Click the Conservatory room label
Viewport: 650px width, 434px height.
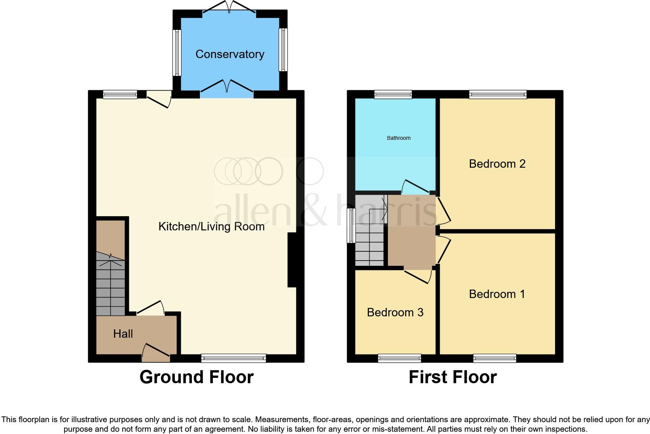(x=230, y=54)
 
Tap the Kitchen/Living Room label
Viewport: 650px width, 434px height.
(x=211, y=227)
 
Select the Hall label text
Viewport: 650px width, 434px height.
(x=123, y=334)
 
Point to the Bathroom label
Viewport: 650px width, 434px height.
(x=399, y=138)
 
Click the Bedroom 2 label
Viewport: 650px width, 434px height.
(x=497, y=164)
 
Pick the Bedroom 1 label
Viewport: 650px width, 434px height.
(x=497, y=294)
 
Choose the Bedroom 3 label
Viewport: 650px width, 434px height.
(x=395, y=313)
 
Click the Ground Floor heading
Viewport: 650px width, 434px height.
(x=196, y=377)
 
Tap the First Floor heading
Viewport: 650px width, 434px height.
(x=452, y=377)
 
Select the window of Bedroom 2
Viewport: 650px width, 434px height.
(x=497, y=94)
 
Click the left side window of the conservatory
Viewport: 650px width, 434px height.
(x=177, y=53)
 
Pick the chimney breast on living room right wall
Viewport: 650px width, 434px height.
(x=292, y=260)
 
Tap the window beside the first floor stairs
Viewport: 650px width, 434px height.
(x=351, y=225)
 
